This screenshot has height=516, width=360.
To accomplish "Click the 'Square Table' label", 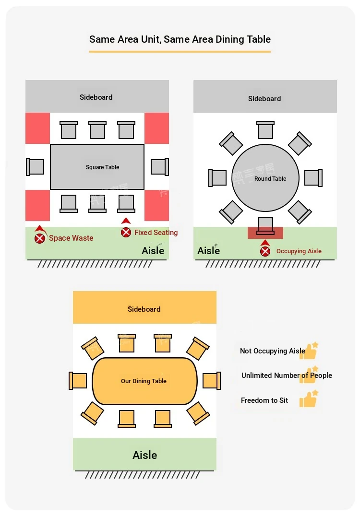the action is [102, 167].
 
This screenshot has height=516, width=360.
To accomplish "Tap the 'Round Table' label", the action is [270, 179].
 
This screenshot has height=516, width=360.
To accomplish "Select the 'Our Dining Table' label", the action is [144, 381].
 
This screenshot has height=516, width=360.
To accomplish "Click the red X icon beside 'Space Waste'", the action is [39, 238].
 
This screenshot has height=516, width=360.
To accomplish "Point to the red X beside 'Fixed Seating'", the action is [126, 232].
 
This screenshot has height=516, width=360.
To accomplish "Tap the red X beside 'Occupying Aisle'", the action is [265, 251].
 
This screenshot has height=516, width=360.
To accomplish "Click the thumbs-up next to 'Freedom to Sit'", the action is [308, 399].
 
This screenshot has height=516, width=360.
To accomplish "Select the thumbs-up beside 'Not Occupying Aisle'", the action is [310, 351].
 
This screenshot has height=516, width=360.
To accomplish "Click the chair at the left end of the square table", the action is [35, 167].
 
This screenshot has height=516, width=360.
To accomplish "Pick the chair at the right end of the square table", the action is [160, 166].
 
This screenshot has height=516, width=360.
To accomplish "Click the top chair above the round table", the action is [265, 130].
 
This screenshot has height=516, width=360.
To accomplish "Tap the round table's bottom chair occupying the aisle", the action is [265, 226].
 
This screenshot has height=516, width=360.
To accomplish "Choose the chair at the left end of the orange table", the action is [78, 381].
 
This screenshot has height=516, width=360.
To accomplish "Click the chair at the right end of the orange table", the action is [212, 381].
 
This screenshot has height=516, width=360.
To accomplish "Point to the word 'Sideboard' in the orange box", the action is [144, 309].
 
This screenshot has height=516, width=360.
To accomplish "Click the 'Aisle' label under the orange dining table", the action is [144, 455].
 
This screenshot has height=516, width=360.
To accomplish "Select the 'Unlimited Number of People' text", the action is [287, 375].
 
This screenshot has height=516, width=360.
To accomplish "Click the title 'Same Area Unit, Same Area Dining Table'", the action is [180, 39].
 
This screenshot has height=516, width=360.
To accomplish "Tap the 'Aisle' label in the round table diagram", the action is [208, 251].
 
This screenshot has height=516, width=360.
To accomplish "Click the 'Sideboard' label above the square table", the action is [96, 97].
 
